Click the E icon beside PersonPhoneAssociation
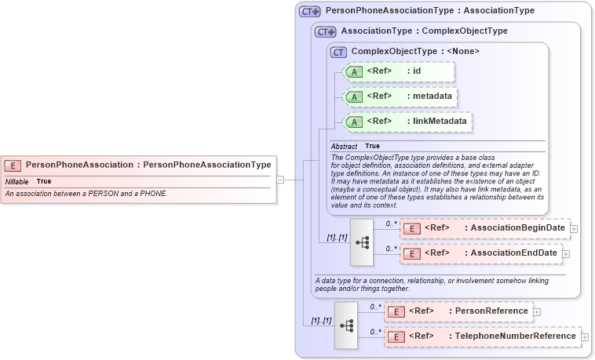(13, 165)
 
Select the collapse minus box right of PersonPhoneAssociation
(280, 180)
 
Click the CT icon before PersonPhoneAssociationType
(310, 12)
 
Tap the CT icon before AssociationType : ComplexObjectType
(326, 32)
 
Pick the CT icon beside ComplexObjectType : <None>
(339, 52)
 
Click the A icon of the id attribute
(354, 72)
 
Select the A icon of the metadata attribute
(354, 97)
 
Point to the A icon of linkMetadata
(354, 122)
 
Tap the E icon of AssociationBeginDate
(412, 228)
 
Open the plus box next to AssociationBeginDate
(574, 228)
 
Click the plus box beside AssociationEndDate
(566, 253)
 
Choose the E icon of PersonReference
(396, 311)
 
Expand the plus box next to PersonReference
(537, 311)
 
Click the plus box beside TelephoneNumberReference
(585, 336)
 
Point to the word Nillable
(17, 181)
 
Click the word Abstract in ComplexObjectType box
(344, 147)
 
